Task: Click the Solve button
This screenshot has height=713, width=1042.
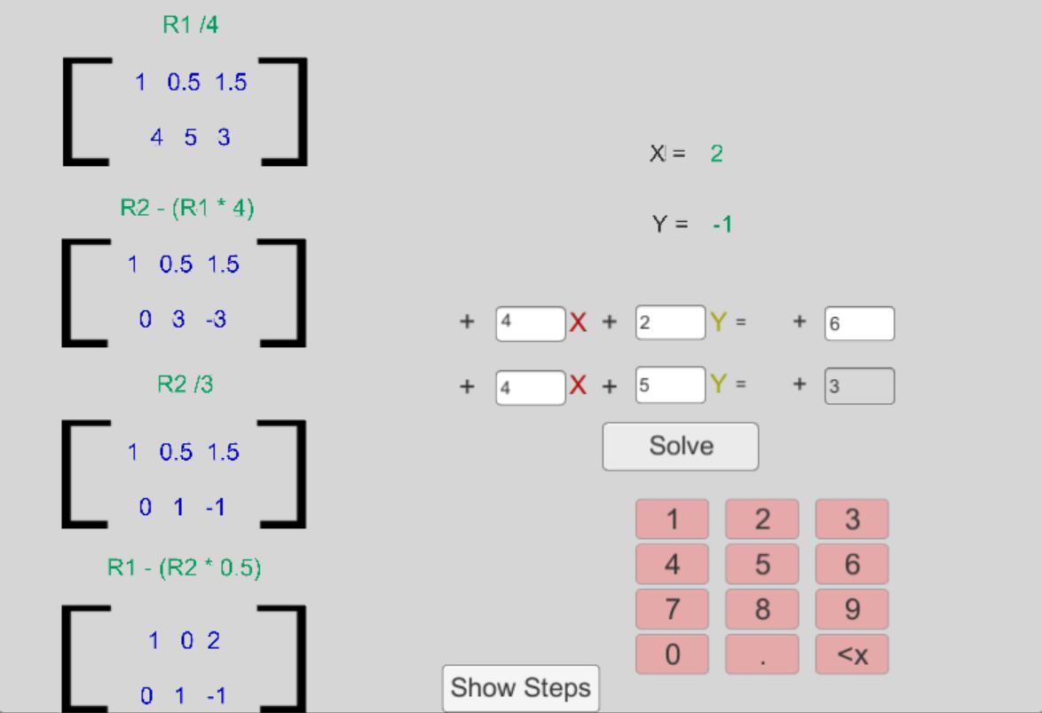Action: point(681,447)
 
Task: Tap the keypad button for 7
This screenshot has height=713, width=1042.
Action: point(672,609)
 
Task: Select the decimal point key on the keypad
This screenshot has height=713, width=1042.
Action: point(762,654)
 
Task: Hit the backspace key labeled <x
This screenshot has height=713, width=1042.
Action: point(852,654)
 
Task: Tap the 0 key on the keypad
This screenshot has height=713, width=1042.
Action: point(672,654)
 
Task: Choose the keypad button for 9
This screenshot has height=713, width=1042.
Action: point(852,609)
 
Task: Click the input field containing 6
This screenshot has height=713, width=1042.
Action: point(859,323)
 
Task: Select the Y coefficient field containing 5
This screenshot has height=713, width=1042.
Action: point(670,384)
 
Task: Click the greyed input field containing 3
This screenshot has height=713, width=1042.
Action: point(859,385)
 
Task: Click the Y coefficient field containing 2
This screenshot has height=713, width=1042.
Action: point(670,322)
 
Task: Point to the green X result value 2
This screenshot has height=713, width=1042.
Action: point(716,154)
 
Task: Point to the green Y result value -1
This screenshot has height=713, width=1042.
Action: point(722,224)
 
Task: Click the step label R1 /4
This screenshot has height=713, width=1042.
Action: point(191,25)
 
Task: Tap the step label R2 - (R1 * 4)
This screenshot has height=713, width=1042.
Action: point(186,208)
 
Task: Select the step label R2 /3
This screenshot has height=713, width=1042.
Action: point(186,384)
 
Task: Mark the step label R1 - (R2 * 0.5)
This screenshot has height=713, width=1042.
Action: point(184,568)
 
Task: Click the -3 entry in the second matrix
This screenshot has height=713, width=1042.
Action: point(216,320)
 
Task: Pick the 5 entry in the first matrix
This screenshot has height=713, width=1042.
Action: point(191,138)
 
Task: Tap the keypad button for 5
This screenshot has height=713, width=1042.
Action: point(762,564)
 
